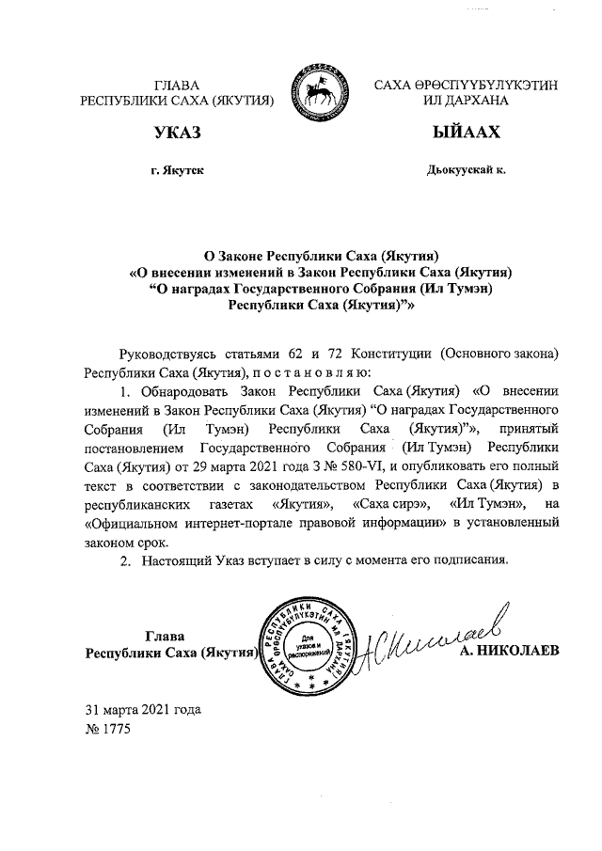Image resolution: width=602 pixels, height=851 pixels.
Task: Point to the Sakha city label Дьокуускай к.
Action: point(466,169)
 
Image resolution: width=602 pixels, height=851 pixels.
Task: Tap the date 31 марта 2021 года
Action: point(143,709)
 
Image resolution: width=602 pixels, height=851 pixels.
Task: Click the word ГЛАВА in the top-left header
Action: point(179,85)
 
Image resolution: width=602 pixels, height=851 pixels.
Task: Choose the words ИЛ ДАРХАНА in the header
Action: point(466,99)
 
